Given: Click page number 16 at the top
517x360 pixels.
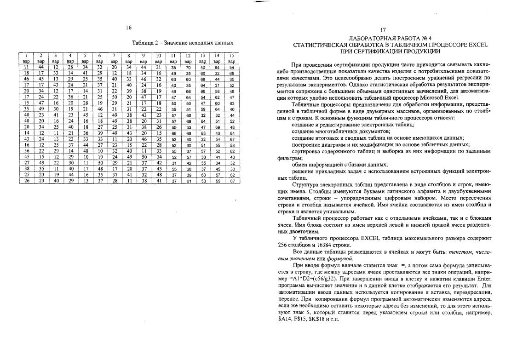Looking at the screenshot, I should [129, 28].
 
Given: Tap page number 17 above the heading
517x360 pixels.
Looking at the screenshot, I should [383, 30].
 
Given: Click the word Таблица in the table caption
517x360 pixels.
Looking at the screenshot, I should [144, 43].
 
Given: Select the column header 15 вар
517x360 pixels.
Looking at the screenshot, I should [232, 58].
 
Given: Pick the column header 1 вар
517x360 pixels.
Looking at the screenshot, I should [26, 58].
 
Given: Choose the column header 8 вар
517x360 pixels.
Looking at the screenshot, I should [129, 58].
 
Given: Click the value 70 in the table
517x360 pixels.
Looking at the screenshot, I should [188, 67].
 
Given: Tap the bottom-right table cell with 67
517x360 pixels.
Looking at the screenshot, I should [232, 181].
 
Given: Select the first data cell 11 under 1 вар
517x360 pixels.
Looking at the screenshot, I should [26, 67].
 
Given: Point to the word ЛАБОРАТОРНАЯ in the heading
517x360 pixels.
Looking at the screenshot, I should [368, 38].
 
